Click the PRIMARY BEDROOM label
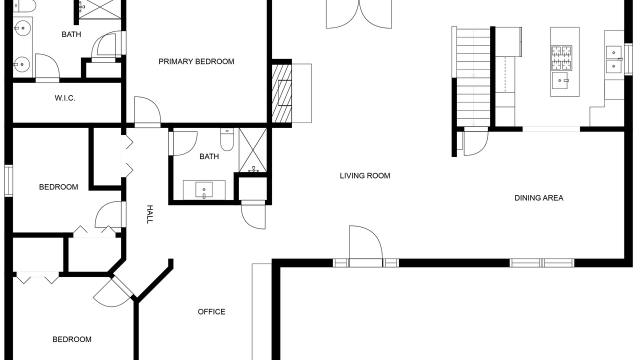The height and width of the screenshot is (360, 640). coord(196,61)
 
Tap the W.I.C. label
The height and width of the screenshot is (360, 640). coord(65,98)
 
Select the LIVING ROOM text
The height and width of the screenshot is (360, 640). coord(365,175)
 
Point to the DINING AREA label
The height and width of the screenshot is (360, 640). coord(539,198)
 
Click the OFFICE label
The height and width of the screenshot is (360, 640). coord(211,311)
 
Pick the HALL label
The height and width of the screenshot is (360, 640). coord(149,214)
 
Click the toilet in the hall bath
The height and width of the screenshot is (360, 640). coord(227,139)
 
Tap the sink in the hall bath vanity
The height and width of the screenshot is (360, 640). coord(204,190)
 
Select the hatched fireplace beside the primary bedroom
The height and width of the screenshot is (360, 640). coord(281,93)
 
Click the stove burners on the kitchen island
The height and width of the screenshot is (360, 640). coord(561,58)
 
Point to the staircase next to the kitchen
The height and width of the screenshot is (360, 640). coord(473,77)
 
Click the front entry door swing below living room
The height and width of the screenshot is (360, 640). coord(365,242)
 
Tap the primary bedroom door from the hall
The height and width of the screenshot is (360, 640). coord(147,112)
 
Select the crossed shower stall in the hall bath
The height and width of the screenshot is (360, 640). coord(253,150)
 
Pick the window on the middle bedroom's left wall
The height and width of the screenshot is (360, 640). coord(8,181)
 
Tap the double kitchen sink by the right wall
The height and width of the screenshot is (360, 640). coord(613,59)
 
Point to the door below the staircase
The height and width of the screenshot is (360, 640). coord(475,141)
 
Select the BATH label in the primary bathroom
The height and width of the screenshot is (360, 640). coord(71,34)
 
